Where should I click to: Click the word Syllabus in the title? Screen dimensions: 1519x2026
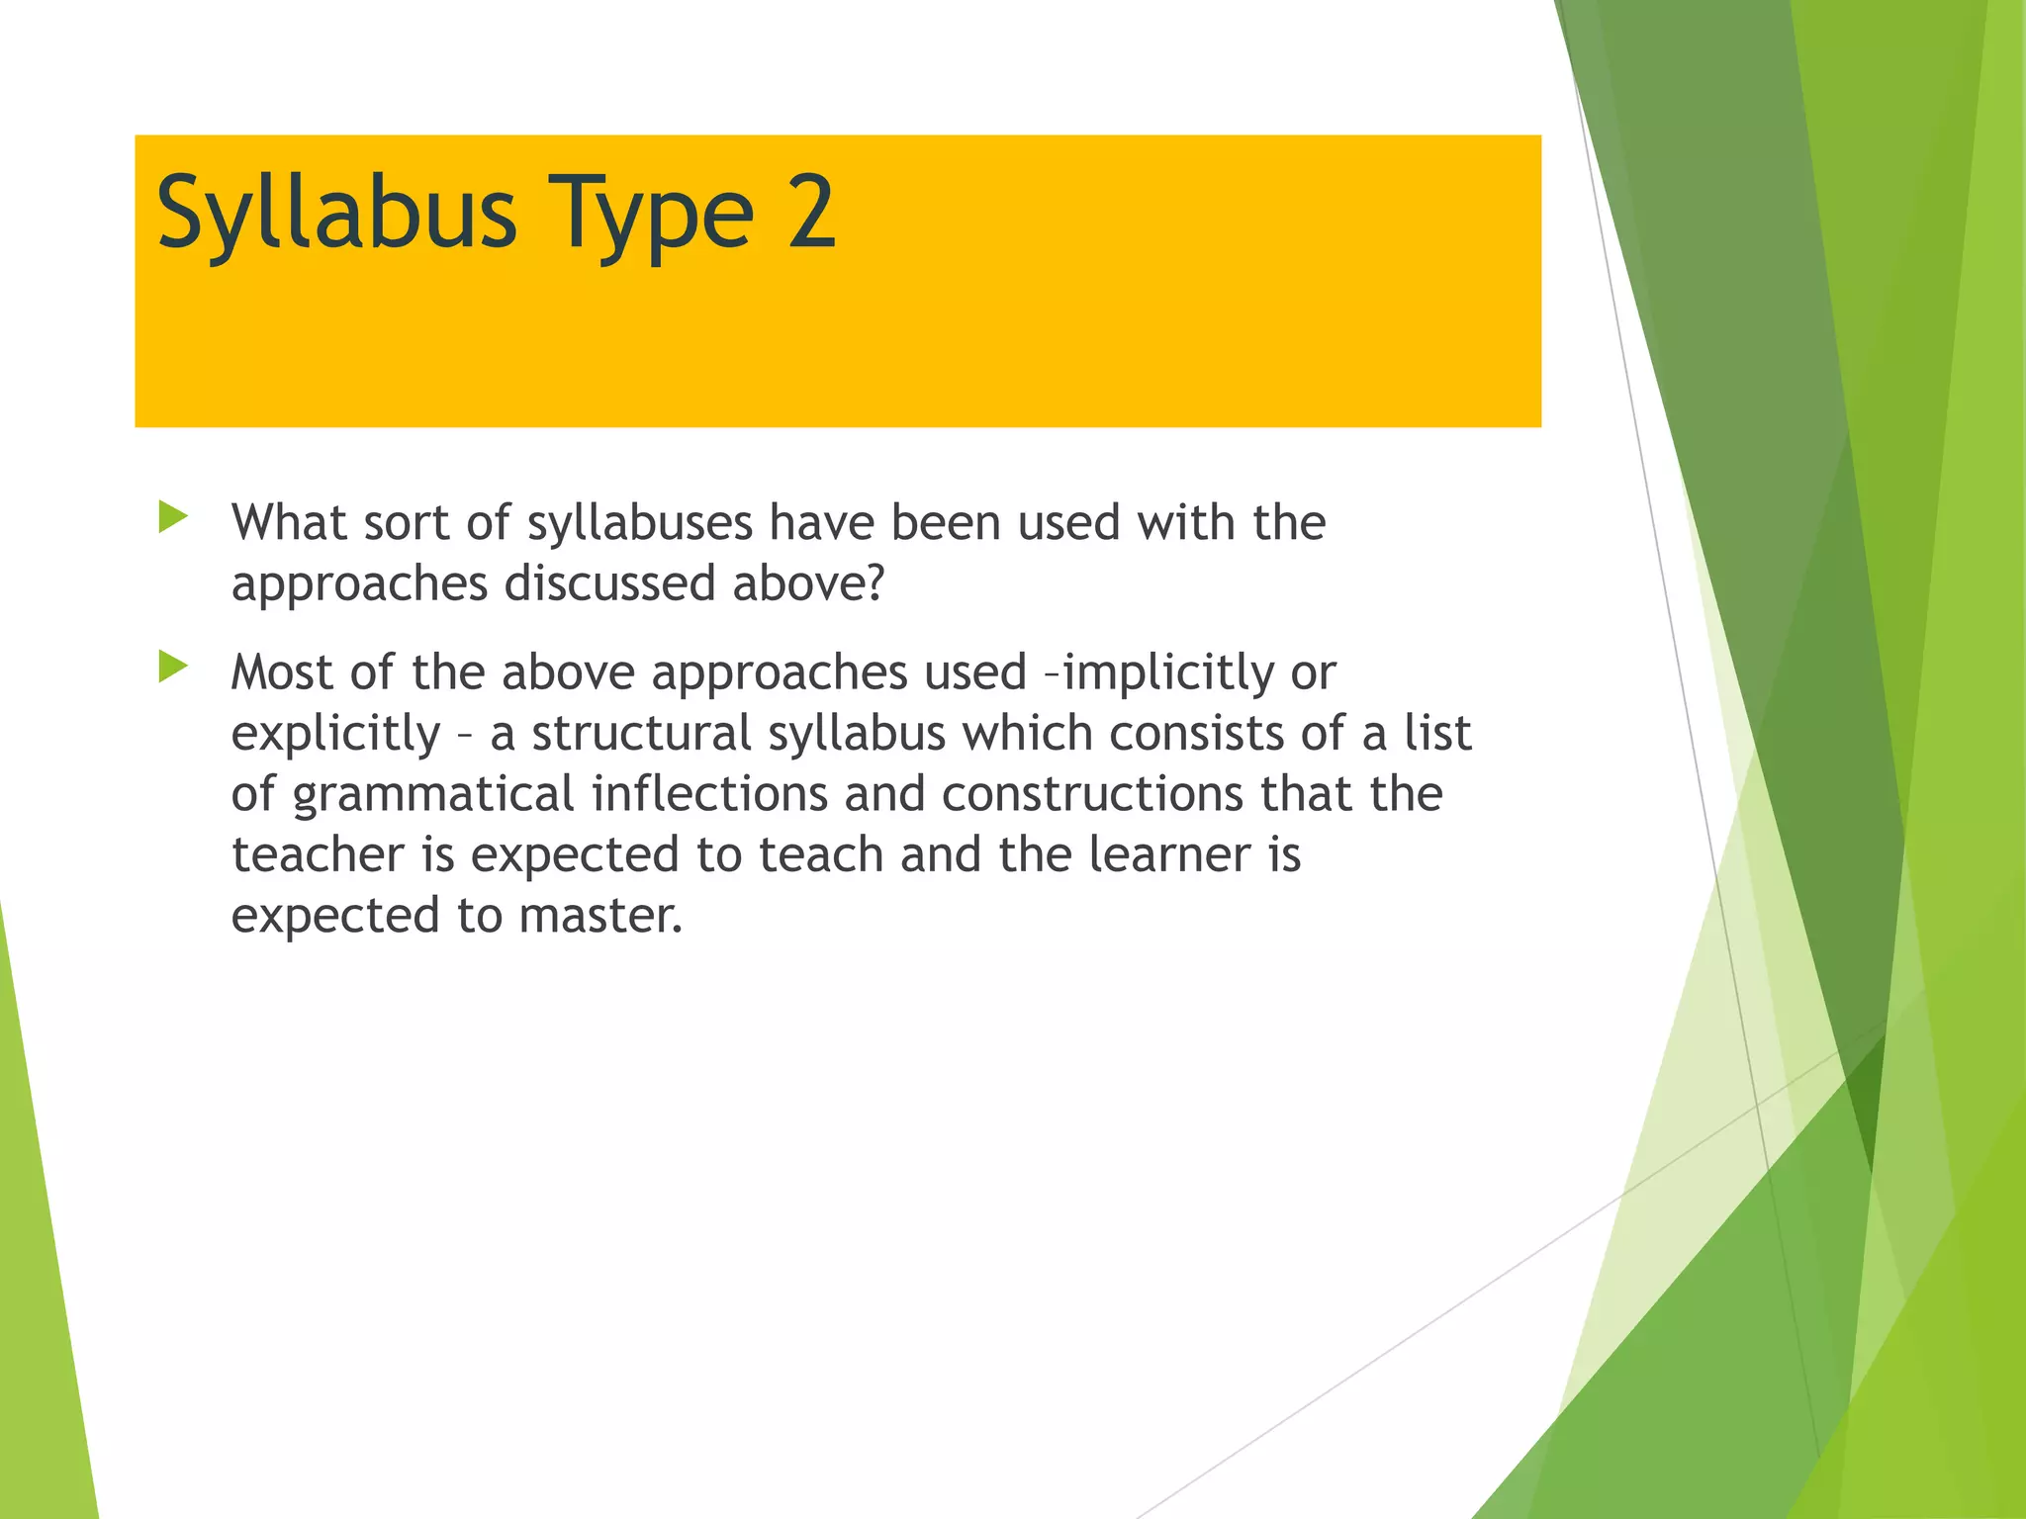(336, 213)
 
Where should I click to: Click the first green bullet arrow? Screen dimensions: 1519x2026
(173, 517)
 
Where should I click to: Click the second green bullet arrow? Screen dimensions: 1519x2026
(173, 668)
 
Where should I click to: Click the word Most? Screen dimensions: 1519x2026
(281, 672)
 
